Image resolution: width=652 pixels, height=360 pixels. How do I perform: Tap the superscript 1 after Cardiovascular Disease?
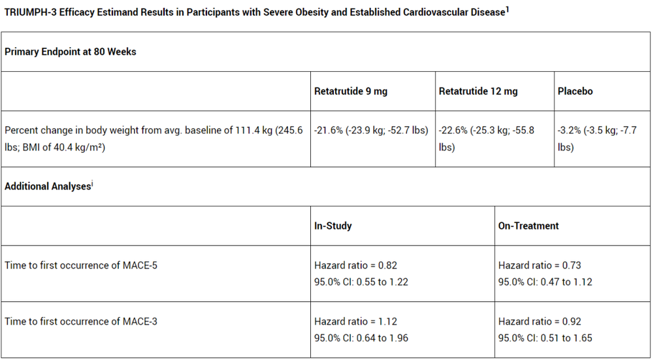tap(507, 10)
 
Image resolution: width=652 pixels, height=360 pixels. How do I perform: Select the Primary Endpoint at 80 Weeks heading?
tap(71, 52)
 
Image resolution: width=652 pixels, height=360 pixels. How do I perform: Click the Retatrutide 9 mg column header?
tap(351, 91)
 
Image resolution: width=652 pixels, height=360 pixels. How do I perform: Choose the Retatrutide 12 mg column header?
tap(478, 91)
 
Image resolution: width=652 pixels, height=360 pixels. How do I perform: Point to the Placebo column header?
tap(575, 91)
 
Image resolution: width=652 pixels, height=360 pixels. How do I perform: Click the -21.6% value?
tap(329, 131)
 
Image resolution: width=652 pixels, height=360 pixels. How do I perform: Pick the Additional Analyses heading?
tap(48, 186)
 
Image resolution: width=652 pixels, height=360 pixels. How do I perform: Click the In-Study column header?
tap(333, 225)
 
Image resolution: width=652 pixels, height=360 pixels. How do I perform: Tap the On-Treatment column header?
tap(529, 225)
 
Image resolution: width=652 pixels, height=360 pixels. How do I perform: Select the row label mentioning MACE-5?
tap(81, 265)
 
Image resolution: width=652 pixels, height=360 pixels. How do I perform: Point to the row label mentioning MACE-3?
tap(81, 321)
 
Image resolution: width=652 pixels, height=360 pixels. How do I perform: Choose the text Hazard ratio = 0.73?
tap(540, 265)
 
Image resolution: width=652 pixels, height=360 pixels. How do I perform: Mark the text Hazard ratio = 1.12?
tap(355, 321)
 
